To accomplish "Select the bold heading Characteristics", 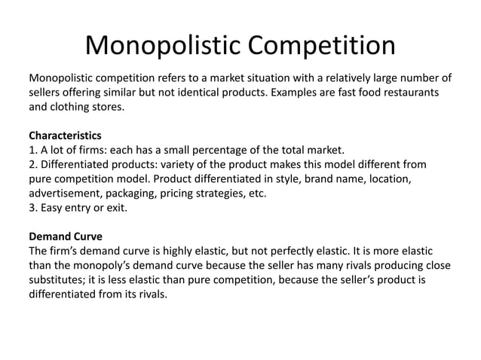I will click(65, 136).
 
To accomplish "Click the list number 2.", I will click(32, 164).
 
